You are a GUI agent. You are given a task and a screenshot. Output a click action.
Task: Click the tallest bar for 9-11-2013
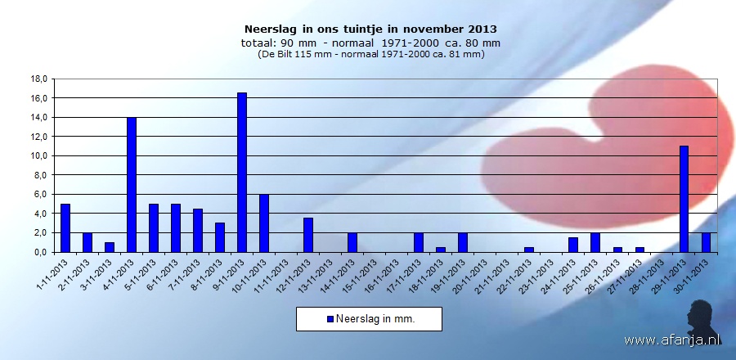click(x=242, y=173)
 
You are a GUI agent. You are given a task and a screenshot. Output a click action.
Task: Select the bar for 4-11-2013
click(x=132, y=185)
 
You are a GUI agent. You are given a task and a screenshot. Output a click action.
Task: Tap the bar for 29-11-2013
click(x=684, y=199)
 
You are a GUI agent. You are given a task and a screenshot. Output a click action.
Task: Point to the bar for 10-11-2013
click(x=264, y=223)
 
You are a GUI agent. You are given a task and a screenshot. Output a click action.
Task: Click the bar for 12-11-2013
click(x=308, y=235)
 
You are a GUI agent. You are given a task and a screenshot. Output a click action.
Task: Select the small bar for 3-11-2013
click(x=110, y=247)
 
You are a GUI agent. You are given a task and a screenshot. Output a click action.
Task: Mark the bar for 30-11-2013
click(x=707, y=242)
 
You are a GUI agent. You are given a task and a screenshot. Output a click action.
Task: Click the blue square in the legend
click(x=330, y=319)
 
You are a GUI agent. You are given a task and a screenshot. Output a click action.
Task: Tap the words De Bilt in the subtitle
click(x=283, y=55)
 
